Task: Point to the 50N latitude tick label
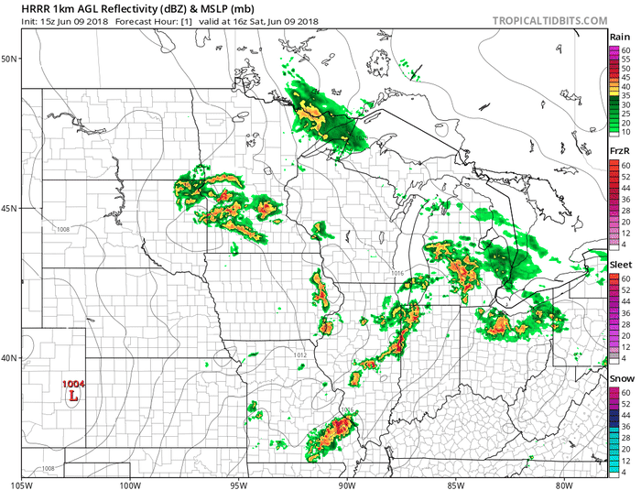click(x=10, y=59)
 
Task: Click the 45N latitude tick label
click(x=10, y=208)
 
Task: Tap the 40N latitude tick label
click(x=10, y=358)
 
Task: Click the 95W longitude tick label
click(x=239, y=483)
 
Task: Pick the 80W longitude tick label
click(x=563, y=483)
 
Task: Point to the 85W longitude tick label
click(x=455, y=483)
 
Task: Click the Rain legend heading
click(x=619, y=37)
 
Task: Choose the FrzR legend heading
click(x=619, y=149)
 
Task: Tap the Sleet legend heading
click(x=620, y=264)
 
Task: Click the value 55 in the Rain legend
click(x=625, y=59)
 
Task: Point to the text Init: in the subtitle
click(x=19, y=23)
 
